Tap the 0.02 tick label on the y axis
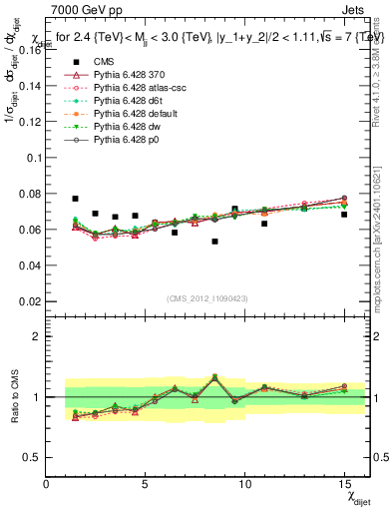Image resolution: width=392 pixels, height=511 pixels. tap(30, 300)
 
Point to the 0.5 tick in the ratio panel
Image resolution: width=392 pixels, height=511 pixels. tap(34, 457)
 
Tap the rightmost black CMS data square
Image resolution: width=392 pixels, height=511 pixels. tap(344, 215)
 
